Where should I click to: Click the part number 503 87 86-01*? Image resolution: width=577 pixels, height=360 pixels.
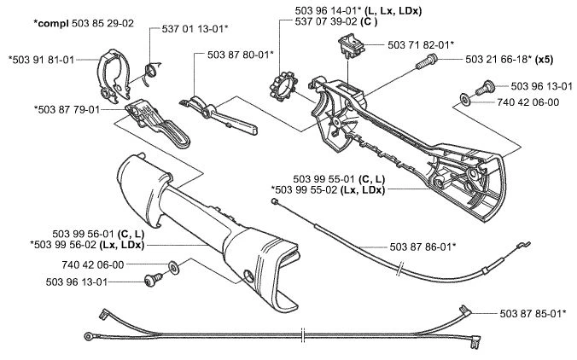(x=422, y=247)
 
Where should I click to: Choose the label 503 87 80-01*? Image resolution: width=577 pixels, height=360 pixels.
(x=240, y=55)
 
